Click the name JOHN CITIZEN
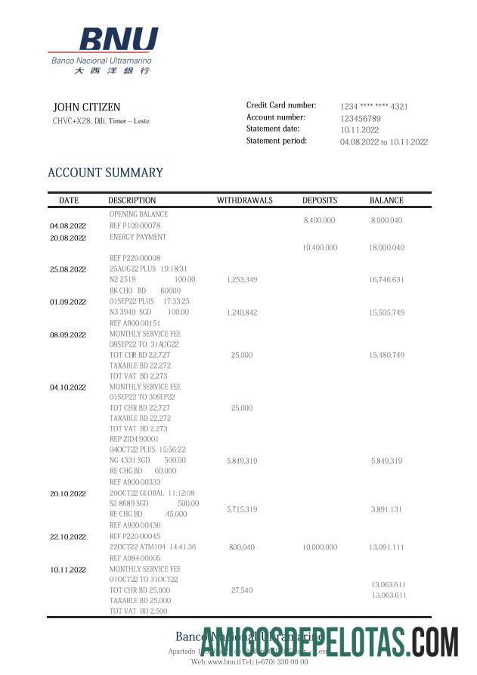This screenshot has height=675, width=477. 86,107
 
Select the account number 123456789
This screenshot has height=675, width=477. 361,119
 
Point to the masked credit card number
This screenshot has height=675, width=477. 373,107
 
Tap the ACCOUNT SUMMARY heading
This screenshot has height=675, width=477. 105,173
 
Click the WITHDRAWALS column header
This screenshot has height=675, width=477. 244,201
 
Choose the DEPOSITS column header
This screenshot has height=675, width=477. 320,201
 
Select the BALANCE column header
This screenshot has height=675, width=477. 386,201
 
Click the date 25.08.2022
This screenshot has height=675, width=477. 68,269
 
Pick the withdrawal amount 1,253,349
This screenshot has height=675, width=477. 242,280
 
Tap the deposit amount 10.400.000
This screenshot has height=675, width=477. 320,247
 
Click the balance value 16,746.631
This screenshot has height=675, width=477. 386,280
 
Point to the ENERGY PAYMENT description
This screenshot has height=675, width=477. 138,237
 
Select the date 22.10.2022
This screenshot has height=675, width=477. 68,537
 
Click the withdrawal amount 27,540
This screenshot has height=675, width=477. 242,589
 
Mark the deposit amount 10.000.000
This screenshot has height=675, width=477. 320,547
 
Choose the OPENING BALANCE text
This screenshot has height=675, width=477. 138,214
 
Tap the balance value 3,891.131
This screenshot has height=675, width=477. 386,510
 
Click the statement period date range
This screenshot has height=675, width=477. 383,142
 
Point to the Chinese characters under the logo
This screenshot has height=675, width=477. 112,70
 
